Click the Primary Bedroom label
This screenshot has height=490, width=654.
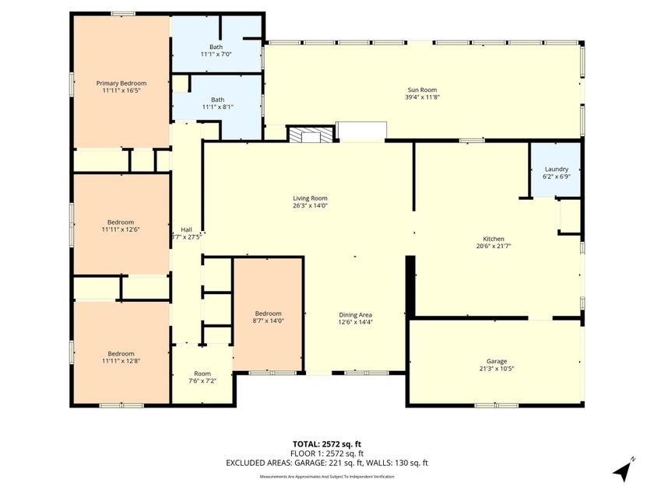[121, 83]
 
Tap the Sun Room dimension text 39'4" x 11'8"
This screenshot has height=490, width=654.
[422, 97]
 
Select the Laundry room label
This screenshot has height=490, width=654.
[556, 169]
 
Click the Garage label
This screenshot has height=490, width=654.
[497, 361]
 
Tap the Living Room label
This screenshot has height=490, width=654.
[310, 198]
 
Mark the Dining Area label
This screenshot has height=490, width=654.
[355, 314]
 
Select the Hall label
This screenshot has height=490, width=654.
[186, 229]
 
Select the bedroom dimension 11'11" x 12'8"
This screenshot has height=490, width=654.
[121, 361]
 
